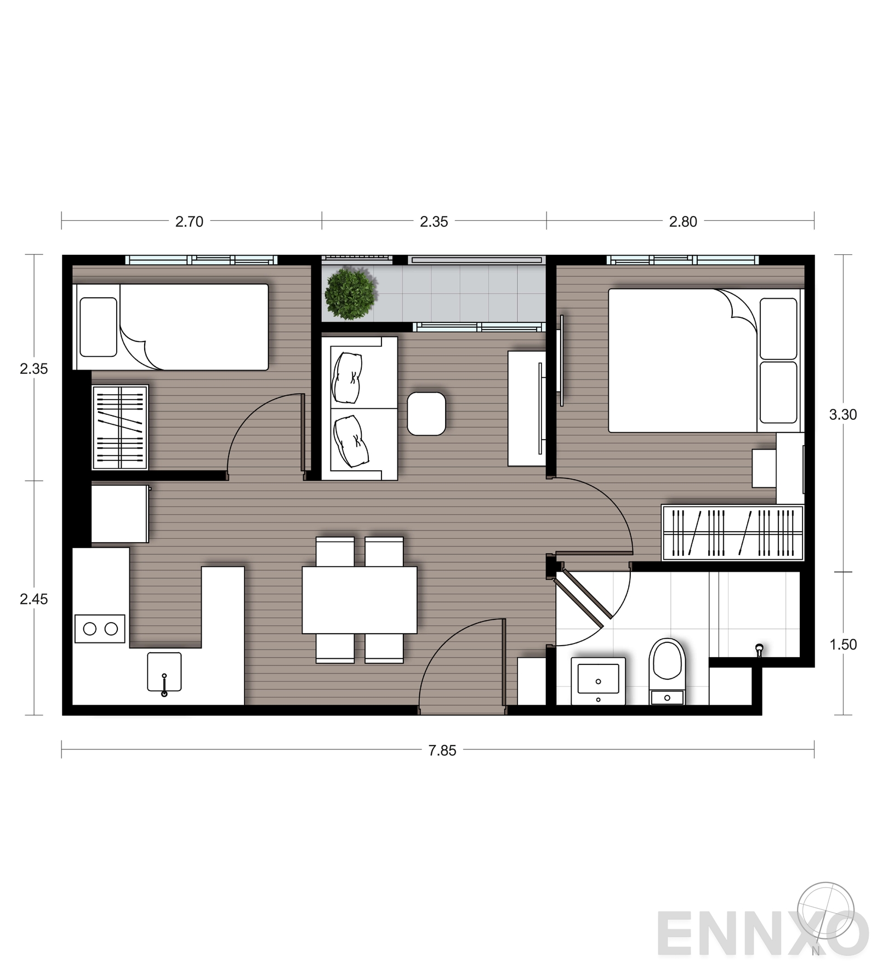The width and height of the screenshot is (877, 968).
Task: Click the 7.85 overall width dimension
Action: point(442,750)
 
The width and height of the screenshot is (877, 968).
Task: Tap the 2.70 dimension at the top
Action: point(189,221)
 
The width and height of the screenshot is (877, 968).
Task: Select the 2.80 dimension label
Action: point(683,221)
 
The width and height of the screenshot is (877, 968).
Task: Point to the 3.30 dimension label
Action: point(842,414)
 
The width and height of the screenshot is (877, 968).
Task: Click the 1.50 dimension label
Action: point(842,645)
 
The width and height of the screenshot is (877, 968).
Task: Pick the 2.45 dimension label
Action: point(34,599)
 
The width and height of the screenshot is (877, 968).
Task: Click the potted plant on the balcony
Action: point(350,294)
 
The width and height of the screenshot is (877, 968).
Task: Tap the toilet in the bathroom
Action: point(667,671)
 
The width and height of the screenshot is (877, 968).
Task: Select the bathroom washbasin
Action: point(598,681)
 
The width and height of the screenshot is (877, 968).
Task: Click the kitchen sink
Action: point(164,673)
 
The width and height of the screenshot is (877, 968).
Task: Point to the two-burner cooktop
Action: point(100,629)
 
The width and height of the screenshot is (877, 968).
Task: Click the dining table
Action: point(360,600)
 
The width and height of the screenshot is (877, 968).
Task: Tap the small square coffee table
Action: point(426,414)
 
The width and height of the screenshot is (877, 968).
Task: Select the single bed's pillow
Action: point(99,327)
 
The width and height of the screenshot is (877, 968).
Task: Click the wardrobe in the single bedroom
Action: point(120,428)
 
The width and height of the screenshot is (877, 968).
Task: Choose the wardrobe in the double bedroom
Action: point(733,533)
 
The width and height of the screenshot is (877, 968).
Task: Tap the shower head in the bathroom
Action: point(759,650)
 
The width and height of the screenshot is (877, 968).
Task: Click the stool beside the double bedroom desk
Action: point(764,468)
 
